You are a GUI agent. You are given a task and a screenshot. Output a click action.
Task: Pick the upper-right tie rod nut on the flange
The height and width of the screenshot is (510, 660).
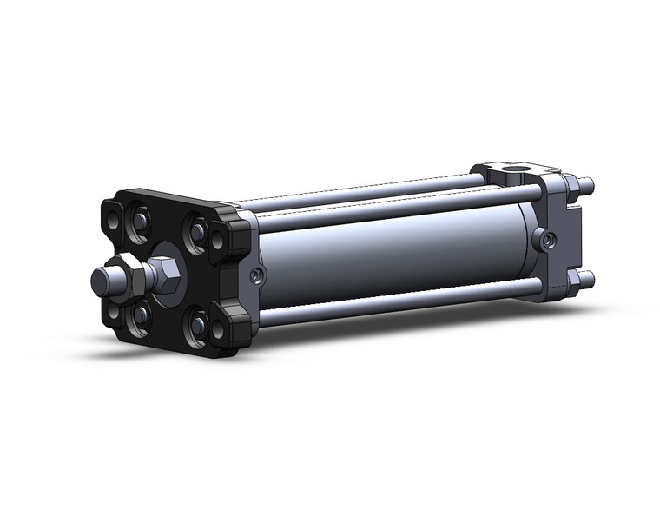198,229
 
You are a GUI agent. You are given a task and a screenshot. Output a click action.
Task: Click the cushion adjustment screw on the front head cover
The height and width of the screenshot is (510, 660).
254,275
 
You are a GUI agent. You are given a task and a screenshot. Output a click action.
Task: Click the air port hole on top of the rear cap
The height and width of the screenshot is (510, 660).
521,169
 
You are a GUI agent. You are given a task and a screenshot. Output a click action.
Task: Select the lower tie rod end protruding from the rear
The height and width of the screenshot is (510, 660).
587,278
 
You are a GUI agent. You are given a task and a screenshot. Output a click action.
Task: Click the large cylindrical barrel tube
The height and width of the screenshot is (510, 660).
391,252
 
